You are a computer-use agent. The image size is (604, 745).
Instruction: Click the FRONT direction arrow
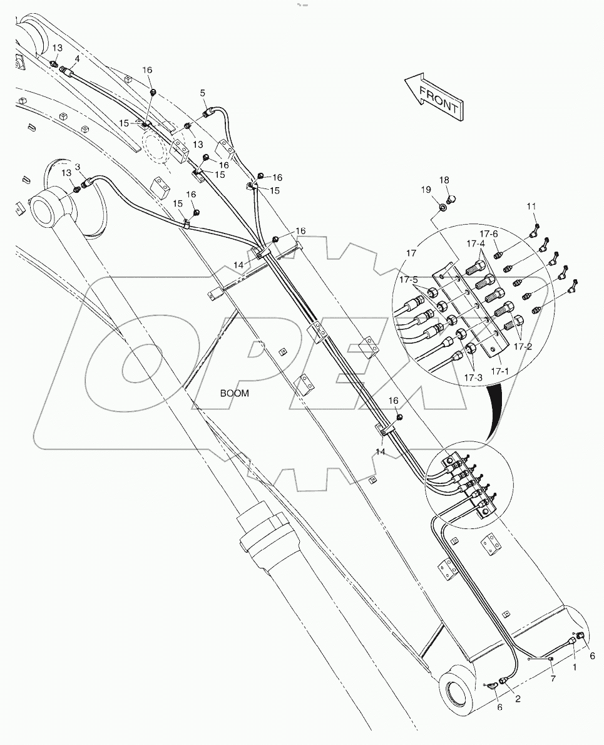click(433, 97)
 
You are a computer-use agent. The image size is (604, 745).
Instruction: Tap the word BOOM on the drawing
click(235, 394)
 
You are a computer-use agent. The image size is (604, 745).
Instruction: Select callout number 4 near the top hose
click(76, 58)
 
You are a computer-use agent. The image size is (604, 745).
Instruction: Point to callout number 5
click(202, 93)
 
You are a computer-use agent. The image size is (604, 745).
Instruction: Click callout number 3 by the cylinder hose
click(77, 167)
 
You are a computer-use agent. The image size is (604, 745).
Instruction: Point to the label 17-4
click(475, 244)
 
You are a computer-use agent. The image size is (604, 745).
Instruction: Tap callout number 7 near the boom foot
click(553, 679)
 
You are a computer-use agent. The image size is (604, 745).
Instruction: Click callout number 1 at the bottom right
click(575, 667)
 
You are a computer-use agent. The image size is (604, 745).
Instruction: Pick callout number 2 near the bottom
click(518, 699)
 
